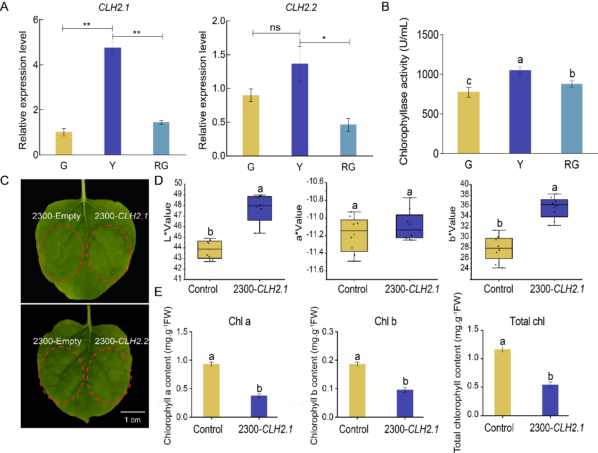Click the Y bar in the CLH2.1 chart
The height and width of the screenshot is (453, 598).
coord(113,101)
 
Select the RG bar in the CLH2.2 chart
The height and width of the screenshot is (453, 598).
coord(348,140)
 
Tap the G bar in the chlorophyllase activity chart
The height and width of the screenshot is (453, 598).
coord(468,123)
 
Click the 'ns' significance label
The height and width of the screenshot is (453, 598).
coord(275,28)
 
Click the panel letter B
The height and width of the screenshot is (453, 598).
coord(385,7)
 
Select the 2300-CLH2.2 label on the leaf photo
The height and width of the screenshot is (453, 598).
coord(122,341)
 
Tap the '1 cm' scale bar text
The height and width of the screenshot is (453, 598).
coord(132,420)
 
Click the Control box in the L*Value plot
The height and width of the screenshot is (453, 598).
coord(210,249)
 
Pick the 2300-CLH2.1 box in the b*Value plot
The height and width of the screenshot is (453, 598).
coord(554,208)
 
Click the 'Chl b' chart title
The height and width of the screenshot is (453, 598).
coord(385,321)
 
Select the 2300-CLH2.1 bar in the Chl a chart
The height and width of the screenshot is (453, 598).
coord(259,406)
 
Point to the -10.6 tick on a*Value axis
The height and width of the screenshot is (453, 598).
coord(315,181)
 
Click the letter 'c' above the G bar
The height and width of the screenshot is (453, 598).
coord(469,81)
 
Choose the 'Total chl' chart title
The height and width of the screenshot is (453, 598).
coord(527,321)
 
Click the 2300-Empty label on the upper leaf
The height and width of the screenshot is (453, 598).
coord(57,216)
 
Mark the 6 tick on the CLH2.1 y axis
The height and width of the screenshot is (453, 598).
coord(36,20)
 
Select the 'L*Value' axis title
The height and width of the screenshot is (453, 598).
coord(168,222)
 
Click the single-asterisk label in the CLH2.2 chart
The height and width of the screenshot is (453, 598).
coord(324,38)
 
